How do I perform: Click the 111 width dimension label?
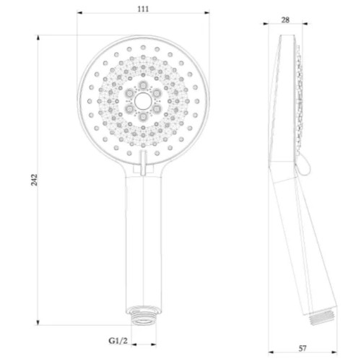pyautogui.click(x=143, y=9)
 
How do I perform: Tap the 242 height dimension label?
pyautogui.click(x=35, y=180)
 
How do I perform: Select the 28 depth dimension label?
pyautogui.click(x=285, y=20)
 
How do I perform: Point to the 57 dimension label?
pyautogui.click(x=303, y=348)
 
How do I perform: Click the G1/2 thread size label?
pyautogui.click(x=118, y=341)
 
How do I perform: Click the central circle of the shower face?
pyautogui.click(x=143, y=101)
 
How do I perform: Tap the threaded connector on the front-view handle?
pyautogui.click(x=144, y=315)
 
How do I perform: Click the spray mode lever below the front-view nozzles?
pyautogui.click(x=143, y=162)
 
